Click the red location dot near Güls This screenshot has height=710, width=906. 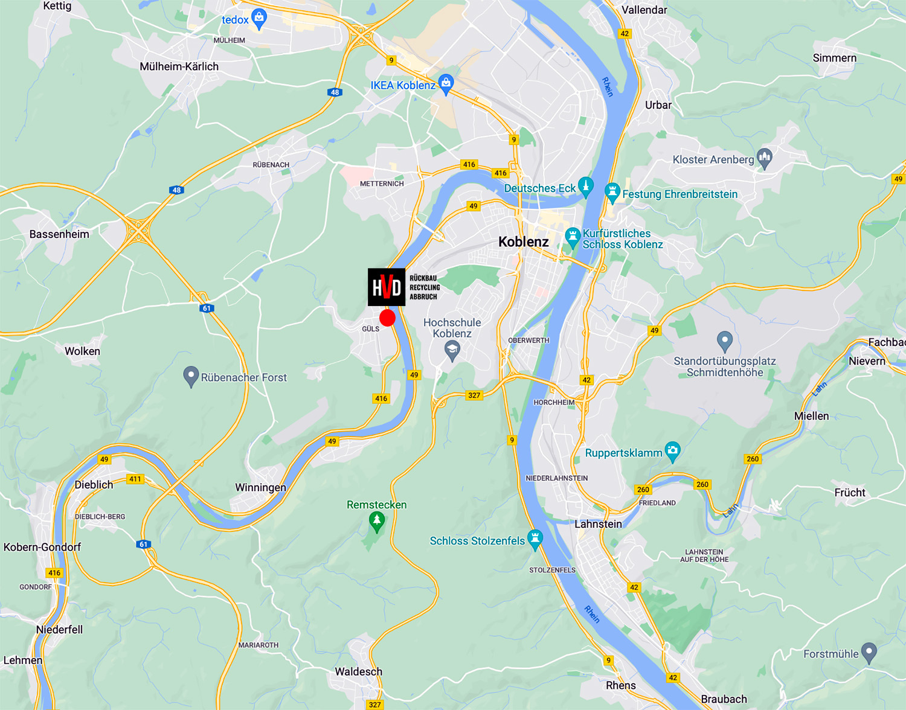pos(387,318)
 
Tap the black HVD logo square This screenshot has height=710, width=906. pos(387,287)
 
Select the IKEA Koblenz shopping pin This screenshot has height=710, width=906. pos(446,83)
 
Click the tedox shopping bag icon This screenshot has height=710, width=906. pos(259,18)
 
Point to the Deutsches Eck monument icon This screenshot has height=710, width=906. pos(585,187)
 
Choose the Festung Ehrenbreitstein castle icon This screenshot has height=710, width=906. pos(612,193)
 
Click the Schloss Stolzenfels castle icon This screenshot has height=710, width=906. pos(535,539)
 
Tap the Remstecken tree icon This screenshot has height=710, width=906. pos(377,521)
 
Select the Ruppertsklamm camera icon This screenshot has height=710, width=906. pos(672,451)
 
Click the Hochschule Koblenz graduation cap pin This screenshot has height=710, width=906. pos(452,350)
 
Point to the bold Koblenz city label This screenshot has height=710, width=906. pos(524,242)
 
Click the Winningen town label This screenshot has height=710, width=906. pos(260,487)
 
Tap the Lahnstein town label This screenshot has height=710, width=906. pos(598,524)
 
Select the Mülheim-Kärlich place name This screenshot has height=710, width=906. pos(179,66)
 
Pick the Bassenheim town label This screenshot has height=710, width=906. pos(59,234)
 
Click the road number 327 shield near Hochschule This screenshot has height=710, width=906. pos(474,395)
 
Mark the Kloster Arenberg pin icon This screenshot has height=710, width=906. pos(765,158)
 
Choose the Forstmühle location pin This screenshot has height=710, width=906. pos(869,652)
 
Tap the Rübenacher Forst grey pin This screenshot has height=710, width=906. pos(191,376)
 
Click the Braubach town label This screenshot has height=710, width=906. pos(724,699)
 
